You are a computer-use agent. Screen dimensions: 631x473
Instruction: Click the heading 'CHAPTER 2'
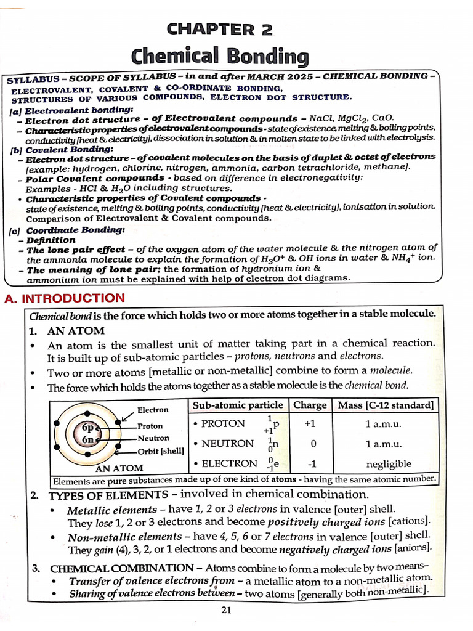click(219, 28)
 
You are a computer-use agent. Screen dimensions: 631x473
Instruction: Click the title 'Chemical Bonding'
click(219, 57)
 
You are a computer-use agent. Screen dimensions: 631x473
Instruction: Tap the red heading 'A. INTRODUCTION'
click(65, 299)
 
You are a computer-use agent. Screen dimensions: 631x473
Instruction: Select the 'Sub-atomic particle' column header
click(238, 405)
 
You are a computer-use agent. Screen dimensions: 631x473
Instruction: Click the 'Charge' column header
click(310, 405)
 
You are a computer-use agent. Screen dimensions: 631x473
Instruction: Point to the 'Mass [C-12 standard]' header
click(385, 405)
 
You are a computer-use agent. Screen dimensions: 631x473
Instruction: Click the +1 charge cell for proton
click(310, 424)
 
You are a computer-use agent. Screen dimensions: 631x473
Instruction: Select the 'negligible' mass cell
click(388, 463)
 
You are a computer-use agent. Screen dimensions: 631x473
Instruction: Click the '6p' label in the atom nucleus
click(87, 428)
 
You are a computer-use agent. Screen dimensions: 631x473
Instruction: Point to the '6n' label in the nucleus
click(87, 440)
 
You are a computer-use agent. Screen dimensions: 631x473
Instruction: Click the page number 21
click(225, 610)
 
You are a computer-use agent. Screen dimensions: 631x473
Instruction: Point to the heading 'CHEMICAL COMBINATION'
click(121, 568)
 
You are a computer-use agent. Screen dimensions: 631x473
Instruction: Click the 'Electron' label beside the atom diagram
click(153, 410)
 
